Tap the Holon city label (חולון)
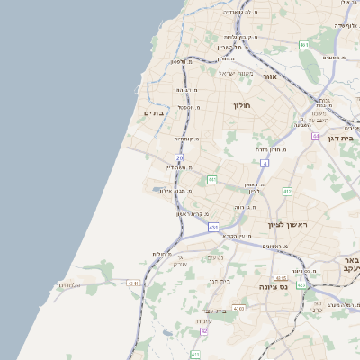[x=241, y=106]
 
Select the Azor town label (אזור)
[x=269, y=77]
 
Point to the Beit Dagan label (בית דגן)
[x=346, y=138]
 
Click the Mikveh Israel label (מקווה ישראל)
[x=238, y=73]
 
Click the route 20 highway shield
[x=180, y=157]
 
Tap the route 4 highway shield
[x=265, y=163]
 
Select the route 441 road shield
[x=211, y=180]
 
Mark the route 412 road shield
[x=287, y=192]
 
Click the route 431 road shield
[x=213, y=228]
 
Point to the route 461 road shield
[x=304, y=45]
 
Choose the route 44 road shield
[x=316, y=136]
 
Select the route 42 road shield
[x=204, y=331]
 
